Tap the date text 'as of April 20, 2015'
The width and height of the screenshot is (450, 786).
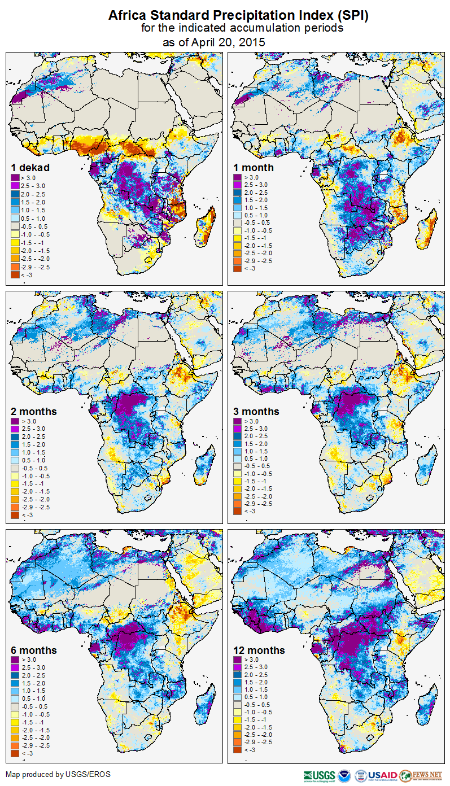click(x=214, y=42)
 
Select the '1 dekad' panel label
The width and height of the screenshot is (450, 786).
click(x=30, y=167)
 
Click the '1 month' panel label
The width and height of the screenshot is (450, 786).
click(x=254, y=167)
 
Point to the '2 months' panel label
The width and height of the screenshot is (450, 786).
click(x=34, y=411)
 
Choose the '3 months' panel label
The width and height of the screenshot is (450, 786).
click(x=256, y=411)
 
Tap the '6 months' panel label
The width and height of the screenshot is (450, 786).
click(x=34, y=650)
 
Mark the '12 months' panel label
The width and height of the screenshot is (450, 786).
click(x=259, y=650)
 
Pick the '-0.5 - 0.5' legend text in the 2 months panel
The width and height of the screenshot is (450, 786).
click(x=35, y=468)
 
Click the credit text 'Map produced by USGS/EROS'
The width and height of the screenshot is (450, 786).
click(x=58, y=774)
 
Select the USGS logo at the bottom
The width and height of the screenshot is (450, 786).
click(x=319, y=775)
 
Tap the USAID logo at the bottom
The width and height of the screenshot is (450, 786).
click(x=382, y=775)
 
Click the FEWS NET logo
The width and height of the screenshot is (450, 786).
click(x=421, y=775)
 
